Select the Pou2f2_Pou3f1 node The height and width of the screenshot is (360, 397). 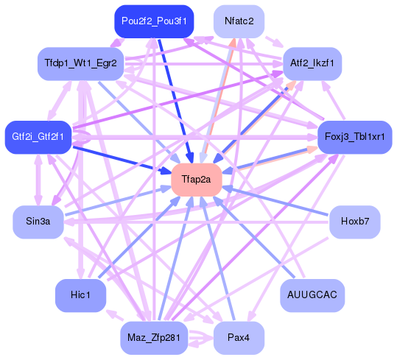click(154, 21)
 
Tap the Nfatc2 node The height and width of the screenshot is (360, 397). click(239, 21)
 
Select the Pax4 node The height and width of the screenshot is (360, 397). click(239, 337)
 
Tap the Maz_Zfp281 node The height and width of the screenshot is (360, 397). click(154, 337)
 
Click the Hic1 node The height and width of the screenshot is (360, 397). click(80, 294)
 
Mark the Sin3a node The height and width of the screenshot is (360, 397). click(38, 222)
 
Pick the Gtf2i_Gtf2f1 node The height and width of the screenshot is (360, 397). click(38, 137)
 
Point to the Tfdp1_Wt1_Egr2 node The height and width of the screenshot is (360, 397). click(80, 63)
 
